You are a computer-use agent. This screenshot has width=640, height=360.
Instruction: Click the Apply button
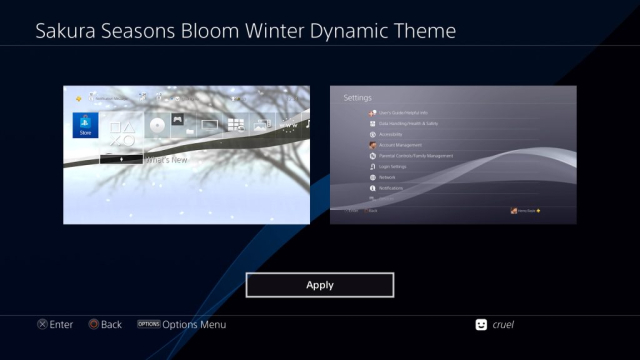pos(320,285)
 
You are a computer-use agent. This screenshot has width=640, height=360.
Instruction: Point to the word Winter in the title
pos(296,31)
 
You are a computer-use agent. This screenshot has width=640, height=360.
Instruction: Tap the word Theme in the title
pos(424,31)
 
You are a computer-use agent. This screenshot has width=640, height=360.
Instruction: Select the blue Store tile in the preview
pos(85,125)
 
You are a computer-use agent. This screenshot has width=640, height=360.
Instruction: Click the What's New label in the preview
pos(167,158)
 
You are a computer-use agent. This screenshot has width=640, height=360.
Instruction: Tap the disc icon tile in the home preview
pos(157,125)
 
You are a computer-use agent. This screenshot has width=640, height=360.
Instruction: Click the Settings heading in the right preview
pos(357,98)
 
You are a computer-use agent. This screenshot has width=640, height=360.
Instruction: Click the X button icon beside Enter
pos(41,324)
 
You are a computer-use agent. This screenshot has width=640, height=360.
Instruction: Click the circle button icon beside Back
pos(93,324)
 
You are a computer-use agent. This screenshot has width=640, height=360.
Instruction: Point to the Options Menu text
pos(195,324)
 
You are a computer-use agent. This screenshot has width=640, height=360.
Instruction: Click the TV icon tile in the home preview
pos(209,125)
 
